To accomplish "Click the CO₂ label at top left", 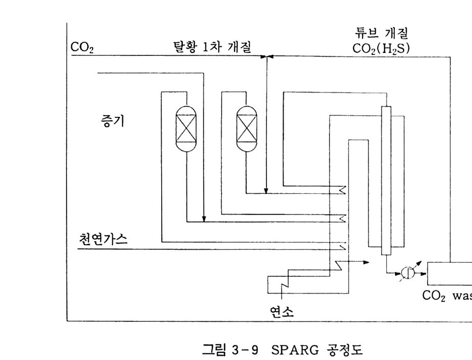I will [82, 48].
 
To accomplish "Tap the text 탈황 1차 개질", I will [212, 47].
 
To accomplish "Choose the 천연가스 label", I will [103, 238].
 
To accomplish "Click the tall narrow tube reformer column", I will [386, 181].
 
